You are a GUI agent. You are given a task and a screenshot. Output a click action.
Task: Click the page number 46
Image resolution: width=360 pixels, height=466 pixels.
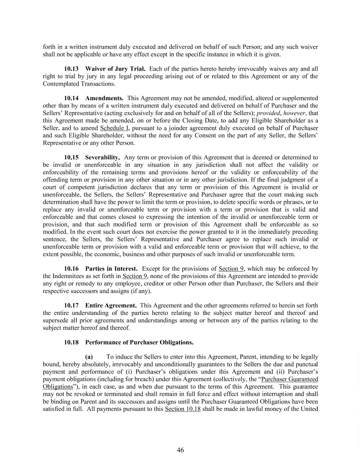click(x=180, y=450)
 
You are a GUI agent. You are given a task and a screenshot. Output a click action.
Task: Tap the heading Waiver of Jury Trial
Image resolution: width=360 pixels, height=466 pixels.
click(x=112, y=68)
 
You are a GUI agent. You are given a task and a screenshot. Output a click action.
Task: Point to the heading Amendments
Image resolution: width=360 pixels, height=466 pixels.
click(x=104, y=98)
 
